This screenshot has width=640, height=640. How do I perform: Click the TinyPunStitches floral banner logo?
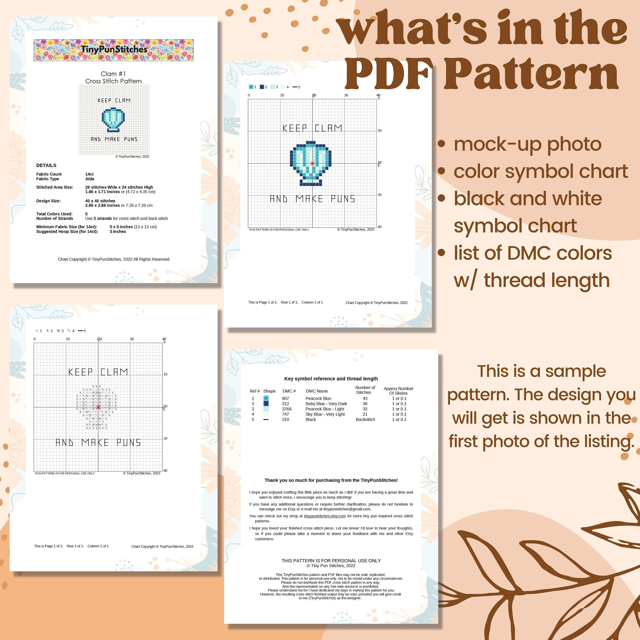pos(114,50)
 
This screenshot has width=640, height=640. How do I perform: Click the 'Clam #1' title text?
pos(113,74)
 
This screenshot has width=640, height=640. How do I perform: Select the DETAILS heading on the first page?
pos(46,165)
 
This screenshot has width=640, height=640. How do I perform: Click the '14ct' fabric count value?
pos(89,174)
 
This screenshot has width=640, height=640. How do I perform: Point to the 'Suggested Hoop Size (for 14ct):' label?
pos(67,231)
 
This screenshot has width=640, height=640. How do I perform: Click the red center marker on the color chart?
pos(312,163)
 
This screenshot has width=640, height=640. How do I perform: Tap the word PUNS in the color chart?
pos(343,199)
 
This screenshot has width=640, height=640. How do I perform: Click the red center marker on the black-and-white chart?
pos(98,407)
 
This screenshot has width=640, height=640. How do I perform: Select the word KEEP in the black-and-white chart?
pos(80,372)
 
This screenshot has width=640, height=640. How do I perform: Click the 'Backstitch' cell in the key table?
pos(365,419)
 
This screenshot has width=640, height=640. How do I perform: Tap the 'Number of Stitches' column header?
pos(365,390)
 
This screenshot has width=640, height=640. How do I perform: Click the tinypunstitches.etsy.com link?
pos(325,516)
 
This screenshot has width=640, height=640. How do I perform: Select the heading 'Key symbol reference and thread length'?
pos(331,379)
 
